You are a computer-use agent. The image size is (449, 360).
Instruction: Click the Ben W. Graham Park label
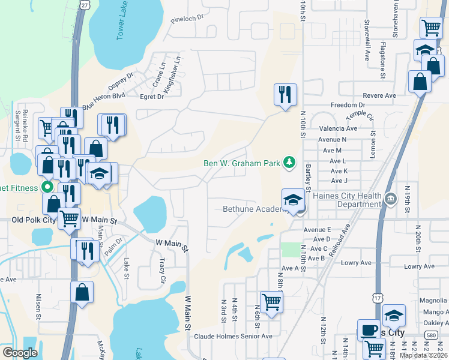point(243,163)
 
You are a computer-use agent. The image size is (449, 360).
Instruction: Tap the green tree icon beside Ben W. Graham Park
point(289,162)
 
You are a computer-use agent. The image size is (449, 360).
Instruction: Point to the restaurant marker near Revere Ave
point(285,94)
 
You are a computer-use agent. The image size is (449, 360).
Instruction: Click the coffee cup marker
point(368,329)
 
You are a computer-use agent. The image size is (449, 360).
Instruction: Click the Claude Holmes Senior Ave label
point(233,336)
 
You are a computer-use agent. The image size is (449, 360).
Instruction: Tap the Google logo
point(20,353)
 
